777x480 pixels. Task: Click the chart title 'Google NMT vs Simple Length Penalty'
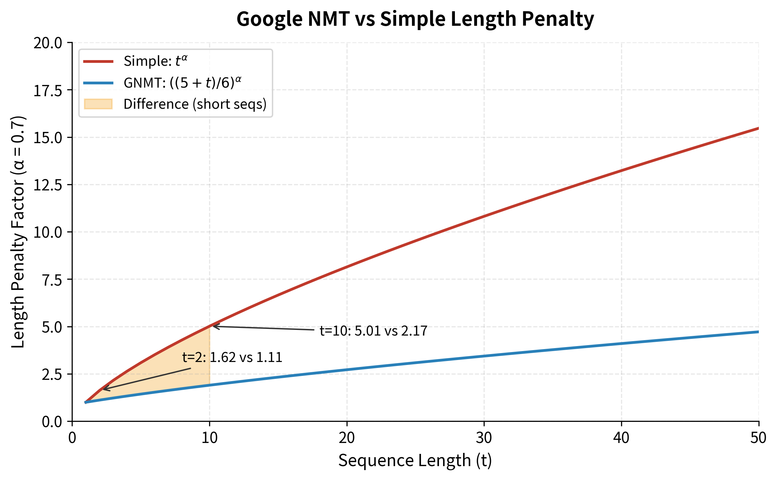[x=415, y=19]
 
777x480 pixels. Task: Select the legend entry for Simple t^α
[x=155, y=61]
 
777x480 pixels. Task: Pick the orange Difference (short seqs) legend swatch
[x=98, y=104]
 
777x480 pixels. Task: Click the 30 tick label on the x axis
[x=484, y=438]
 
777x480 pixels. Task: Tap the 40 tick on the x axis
[x=621, y=438]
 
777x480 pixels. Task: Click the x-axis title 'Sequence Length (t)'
[x=415, y=461]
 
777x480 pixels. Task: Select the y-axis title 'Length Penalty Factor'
[x=18, y=232]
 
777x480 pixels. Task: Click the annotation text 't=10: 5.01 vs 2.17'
[x=373, y=331]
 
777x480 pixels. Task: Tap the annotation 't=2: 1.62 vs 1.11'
[x=232, y=357]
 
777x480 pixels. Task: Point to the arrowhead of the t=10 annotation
[x=214, y=326]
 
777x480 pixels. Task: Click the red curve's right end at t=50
[x=758, y=128]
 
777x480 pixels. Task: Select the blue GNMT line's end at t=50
[x=758, y=332]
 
